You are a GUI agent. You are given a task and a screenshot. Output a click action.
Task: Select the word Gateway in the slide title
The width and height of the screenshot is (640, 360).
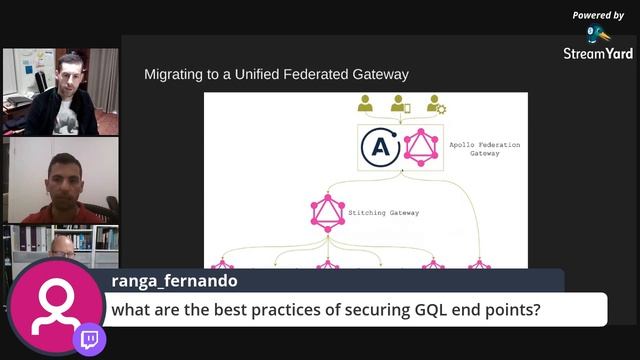click(381, 74)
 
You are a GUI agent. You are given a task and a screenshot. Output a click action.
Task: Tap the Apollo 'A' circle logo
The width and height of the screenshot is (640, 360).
click(381, 149)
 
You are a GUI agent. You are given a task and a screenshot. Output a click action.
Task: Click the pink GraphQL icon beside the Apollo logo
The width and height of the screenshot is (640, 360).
click(421, 149)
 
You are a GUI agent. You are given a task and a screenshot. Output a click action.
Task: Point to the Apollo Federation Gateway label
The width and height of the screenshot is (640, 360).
click(484, 149)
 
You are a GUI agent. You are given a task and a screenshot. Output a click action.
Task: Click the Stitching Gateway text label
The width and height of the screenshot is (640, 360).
click(383, 212)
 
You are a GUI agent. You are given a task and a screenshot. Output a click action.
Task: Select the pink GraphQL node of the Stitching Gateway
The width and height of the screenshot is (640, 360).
click(327, 212)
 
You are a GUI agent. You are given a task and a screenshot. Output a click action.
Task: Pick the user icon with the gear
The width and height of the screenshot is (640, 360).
click(436, 104)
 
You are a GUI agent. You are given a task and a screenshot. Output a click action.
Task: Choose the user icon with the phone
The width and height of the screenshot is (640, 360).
click(400, 104)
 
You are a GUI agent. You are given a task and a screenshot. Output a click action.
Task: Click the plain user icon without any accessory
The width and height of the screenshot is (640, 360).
click(366, 104)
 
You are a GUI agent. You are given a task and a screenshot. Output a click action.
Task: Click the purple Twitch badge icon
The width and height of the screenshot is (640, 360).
click(90, 339)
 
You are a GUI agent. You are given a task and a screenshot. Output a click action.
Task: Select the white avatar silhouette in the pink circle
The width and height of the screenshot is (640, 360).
click(55, 306)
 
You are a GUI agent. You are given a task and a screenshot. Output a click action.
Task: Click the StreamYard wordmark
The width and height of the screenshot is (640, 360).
click(598, 53)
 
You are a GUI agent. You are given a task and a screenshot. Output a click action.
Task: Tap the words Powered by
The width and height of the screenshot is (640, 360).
click(598, 15)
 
